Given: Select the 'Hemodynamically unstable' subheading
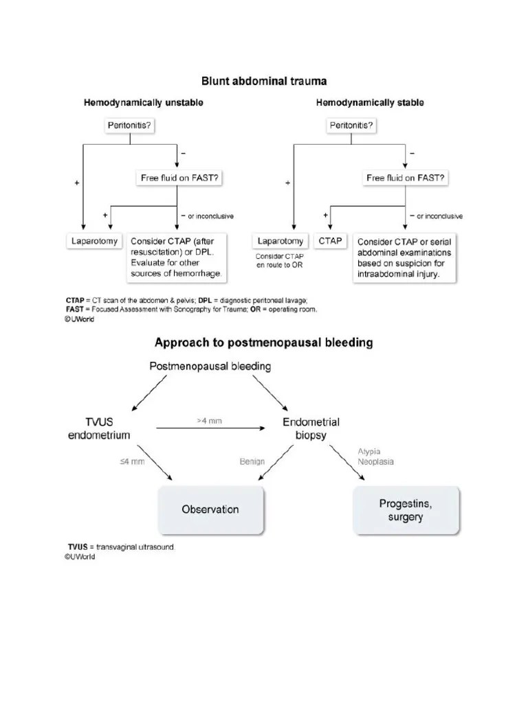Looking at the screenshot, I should pyautogui.click(x=144, y=104).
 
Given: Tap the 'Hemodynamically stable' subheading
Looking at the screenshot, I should pyautogui.click(x=370, y=104).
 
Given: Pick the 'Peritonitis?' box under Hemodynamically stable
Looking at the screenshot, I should pyautogui.click(x=351, y=126).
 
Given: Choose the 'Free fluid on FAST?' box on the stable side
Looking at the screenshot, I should pyautogui.click(x=405, y=178).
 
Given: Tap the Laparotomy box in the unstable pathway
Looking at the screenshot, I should pyautogui.click(x=96, y=242).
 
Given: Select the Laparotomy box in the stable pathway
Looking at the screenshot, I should pyautogui.click(x=280, y=242).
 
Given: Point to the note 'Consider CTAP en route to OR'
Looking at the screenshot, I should pyautogui.click(x=280, y=260).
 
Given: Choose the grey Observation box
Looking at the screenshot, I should pyautogui.click(x=210, y=509).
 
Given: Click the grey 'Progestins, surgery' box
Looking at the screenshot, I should pyautogui.click(x=405, y=510).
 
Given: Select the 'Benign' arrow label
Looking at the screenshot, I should pyautogui.click(x=252, y=462).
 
